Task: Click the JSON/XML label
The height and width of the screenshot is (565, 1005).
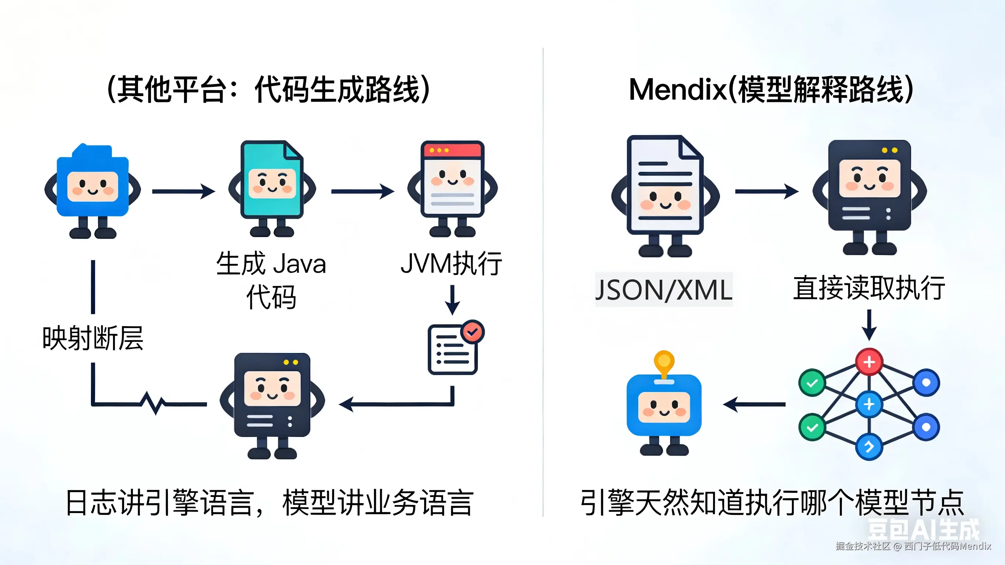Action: [664, 290]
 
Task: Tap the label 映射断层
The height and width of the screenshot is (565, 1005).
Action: [93, 338]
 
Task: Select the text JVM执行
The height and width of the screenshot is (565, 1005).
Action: [451, 264]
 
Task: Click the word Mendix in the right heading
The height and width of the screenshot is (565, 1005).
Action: [678, 89]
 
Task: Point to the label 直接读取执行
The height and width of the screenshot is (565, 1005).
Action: [869, 288]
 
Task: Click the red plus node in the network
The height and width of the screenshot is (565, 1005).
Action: [869, 362]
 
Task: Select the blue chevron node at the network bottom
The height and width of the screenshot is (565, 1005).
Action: [869, 446]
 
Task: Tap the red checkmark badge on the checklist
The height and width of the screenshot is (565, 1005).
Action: [472, 332]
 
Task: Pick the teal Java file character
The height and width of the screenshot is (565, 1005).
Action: [272, 188]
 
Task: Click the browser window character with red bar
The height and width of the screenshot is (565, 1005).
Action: [452, 188]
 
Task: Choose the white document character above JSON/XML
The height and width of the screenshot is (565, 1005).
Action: [665, 195]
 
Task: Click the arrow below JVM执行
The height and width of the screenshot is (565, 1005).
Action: [452, 300]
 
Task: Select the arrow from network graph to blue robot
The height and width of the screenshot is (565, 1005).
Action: [754, 404]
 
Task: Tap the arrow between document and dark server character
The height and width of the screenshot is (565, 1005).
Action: [766, 191]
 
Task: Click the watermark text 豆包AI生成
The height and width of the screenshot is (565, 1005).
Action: [923, 530]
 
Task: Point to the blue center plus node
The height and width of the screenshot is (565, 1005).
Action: [869, 404]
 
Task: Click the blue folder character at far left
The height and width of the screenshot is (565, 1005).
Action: [93, 191]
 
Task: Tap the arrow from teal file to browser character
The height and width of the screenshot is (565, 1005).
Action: [363, 191]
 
